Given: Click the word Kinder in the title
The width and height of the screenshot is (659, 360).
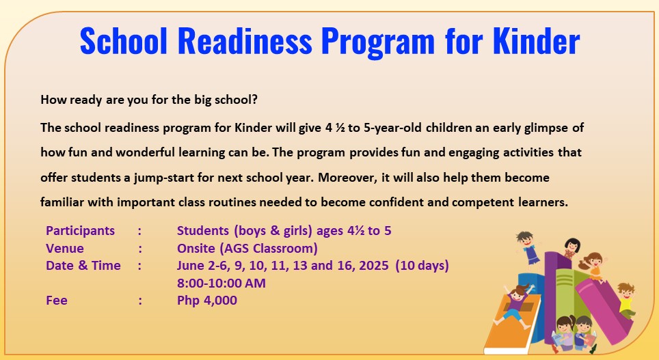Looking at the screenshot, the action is point(536,41).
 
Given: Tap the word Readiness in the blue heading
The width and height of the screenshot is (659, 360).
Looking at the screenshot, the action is point(245,41).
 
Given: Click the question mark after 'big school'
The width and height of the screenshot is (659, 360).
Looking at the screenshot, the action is point(254,100).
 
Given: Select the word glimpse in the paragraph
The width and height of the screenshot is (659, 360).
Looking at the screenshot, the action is point(546,128).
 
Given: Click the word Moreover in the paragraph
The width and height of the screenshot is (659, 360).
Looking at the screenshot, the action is point(347,178).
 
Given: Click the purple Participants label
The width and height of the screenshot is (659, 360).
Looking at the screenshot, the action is point(80,231).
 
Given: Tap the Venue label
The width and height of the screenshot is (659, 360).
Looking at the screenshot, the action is point(65,248).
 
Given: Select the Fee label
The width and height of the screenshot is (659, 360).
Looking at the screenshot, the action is point(57,301).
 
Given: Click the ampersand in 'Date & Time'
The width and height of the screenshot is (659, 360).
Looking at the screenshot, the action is point(83,266).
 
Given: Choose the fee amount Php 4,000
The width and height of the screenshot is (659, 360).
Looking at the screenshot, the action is point(206,301).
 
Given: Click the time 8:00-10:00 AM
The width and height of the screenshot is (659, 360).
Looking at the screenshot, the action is point(221,283).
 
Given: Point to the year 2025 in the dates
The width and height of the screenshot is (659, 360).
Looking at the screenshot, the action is point(374,266).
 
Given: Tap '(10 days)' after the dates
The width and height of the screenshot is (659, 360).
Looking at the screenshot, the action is point(422,266).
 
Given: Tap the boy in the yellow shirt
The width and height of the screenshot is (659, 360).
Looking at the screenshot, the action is point(626,300).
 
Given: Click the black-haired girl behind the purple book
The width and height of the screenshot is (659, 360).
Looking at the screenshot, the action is point(571,247).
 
